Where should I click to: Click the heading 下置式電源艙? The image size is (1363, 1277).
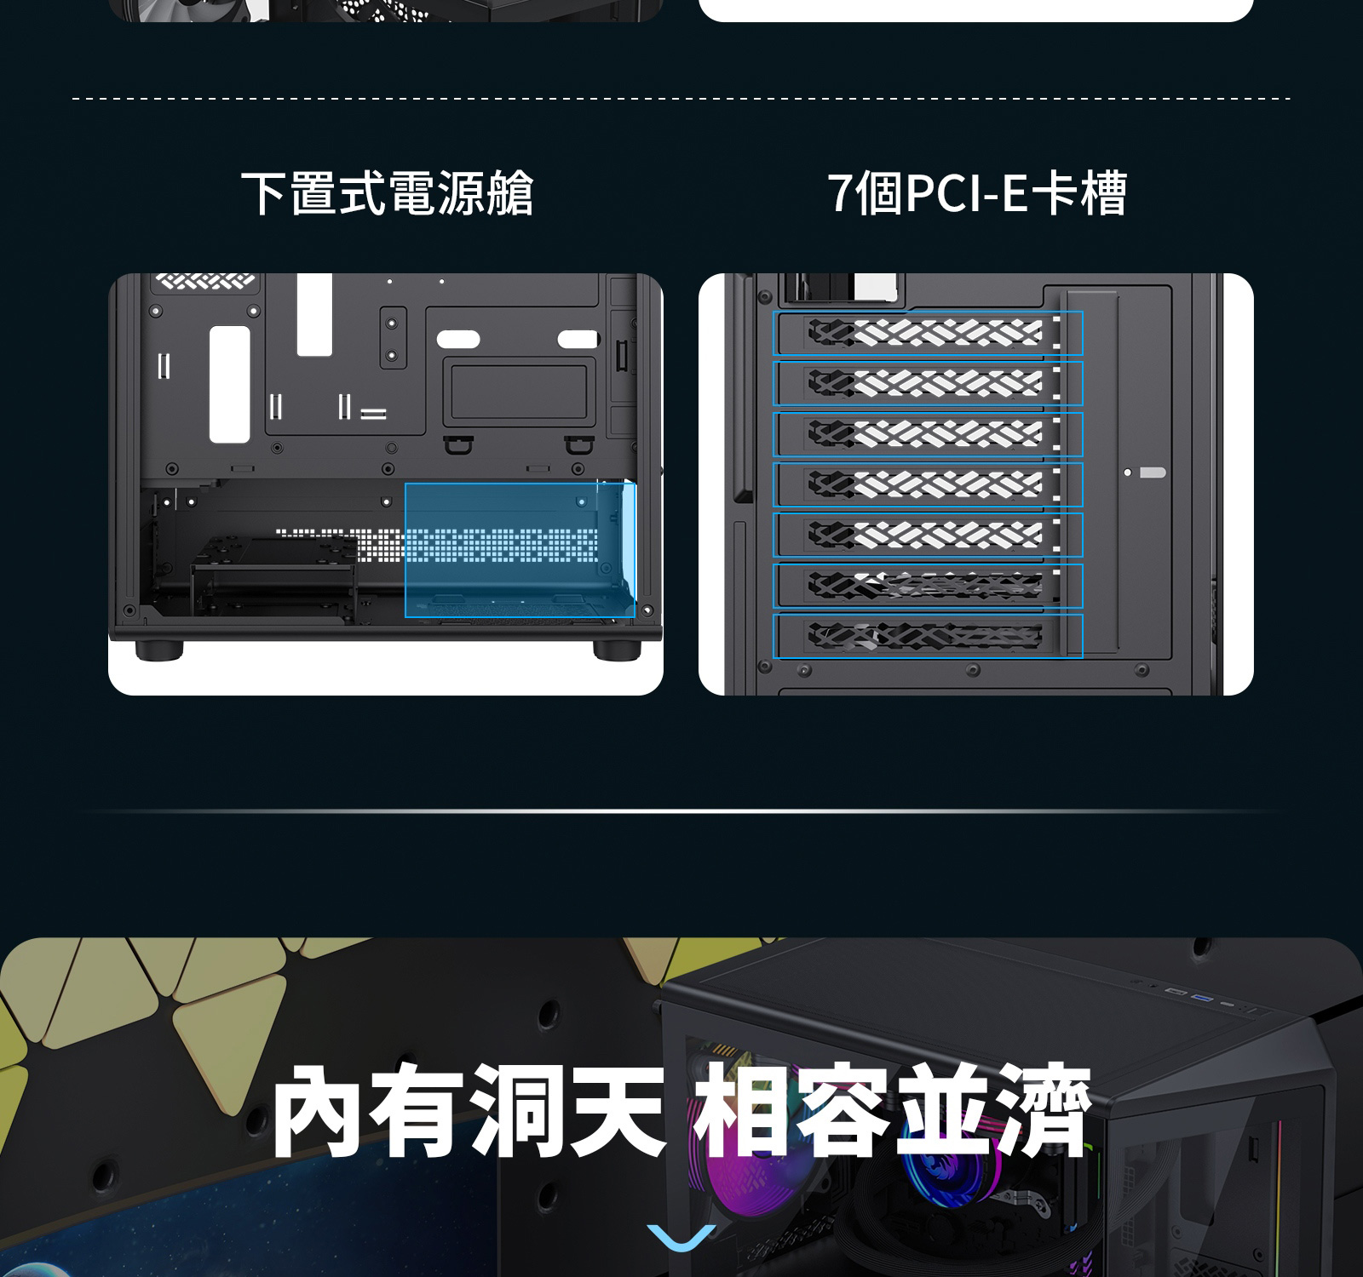pyautogui.click(x=388, y=193)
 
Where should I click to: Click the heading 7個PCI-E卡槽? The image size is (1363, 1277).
pyautogui.click(x=977, y=193)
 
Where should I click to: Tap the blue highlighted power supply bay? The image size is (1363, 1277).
pyautogui.click(x=520, y=549)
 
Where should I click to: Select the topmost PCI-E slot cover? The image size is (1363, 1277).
pyautogui.click(x=928, y=333)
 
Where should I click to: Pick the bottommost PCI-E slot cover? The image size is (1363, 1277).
pyautogui.click(x=928, y=636)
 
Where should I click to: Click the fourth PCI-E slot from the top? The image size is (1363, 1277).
pyautogui.click(x=928, y=484)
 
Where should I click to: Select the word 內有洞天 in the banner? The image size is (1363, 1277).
pyautogui.click(x=468, y=1110)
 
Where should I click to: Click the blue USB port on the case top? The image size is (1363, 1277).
pyautogui.click(x=1202, y=997)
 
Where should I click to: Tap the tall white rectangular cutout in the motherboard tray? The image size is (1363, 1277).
pyautogui.click(x=230, y=384)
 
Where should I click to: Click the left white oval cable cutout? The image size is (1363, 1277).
pyautogui.click(x=458, y=339)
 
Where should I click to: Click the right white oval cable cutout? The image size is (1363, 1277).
pyautogui.click(x=578, y=339)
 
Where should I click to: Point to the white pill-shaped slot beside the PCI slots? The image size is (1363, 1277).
pyautogui.click(x=1152, y=472)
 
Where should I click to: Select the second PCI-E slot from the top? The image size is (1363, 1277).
pyautogui.click(x=928, y=383)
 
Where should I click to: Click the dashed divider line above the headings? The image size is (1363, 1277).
pyautogui.click(x=681, y=99)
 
